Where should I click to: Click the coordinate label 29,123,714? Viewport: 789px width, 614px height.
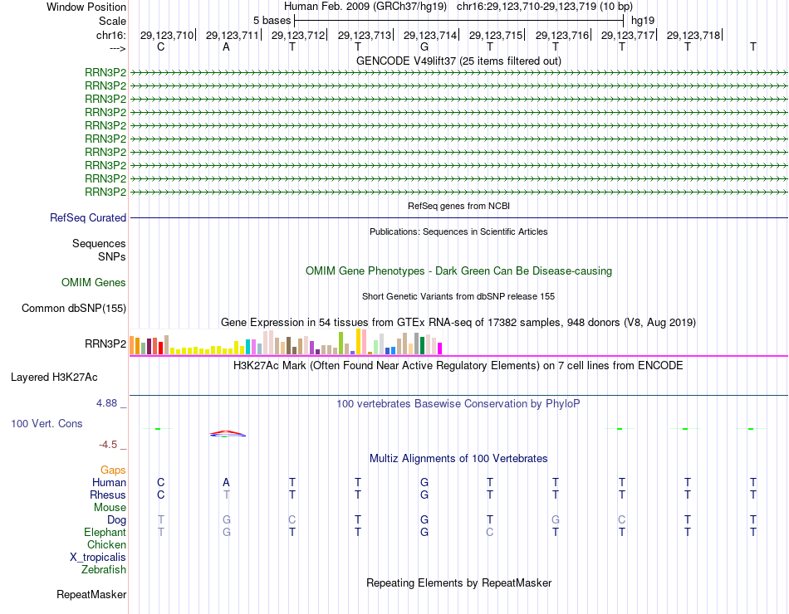click(430, 35)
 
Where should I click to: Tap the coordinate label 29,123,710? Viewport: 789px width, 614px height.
click(166, 35)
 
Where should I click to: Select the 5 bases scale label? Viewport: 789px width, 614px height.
click(272, 20)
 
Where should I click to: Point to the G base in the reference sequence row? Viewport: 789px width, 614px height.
click(424, 47)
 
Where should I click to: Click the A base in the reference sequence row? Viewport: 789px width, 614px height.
click(226, 47)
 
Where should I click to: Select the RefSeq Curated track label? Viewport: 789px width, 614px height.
click(88, 218)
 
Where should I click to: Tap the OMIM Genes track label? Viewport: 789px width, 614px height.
click(94, 283)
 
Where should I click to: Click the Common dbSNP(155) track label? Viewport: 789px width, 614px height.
click(74, 309)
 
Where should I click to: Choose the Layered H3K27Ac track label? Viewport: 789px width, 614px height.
click(54, 377)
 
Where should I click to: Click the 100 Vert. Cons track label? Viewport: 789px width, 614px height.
click(47, 423)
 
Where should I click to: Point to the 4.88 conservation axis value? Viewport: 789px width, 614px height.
click(111, 403)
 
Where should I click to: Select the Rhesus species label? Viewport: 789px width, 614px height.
click(108, 495)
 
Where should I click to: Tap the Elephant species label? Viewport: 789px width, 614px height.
click(105, 533)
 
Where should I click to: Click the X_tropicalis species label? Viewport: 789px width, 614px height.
click(98, 558)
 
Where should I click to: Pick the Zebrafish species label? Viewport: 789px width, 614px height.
click(104, 570)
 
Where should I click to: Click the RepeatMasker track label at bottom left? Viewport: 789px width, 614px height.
click(91, 595)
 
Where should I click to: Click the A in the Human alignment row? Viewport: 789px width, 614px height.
click(226, 482)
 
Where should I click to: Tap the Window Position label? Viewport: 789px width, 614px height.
click(86, 7)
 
